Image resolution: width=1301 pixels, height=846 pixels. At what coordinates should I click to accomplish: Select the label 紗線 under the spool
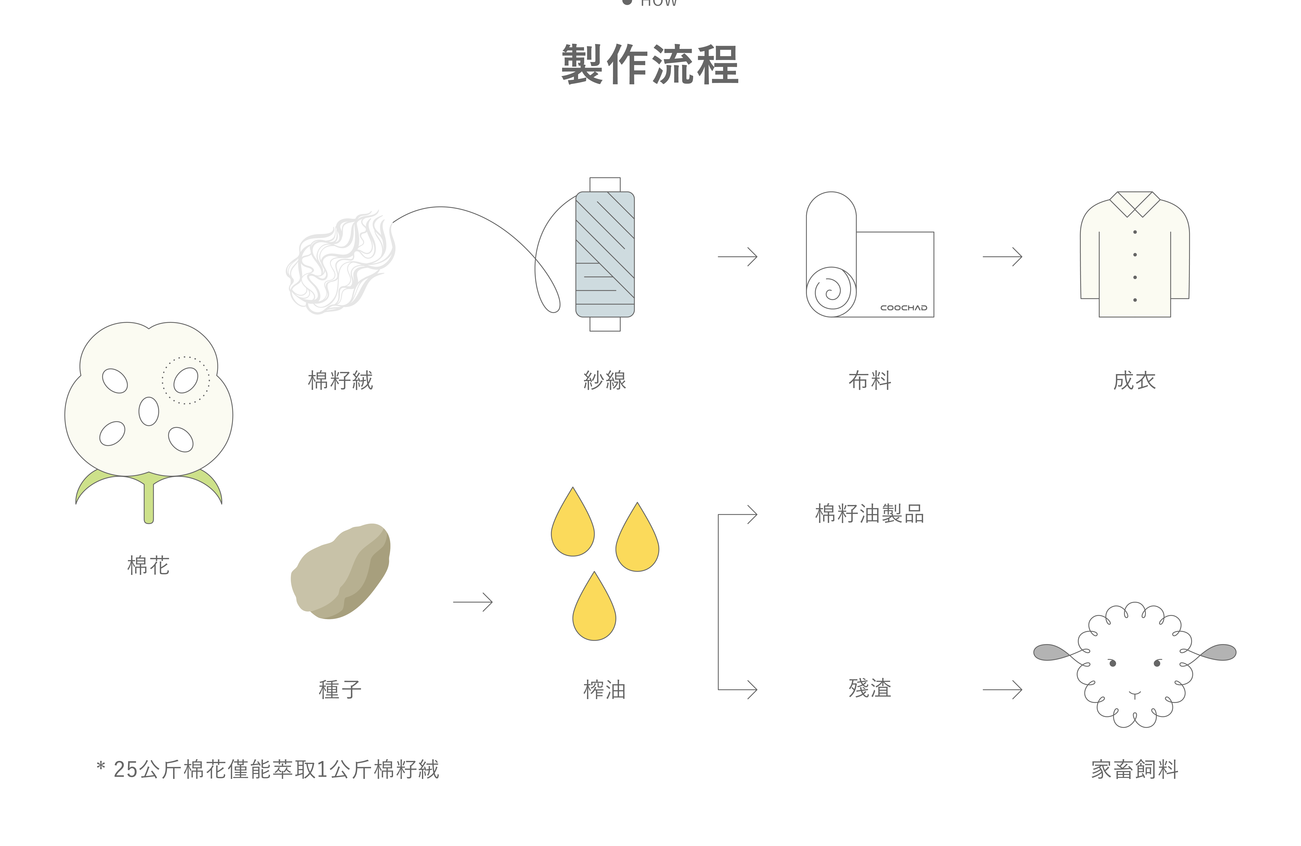tap(605, 380)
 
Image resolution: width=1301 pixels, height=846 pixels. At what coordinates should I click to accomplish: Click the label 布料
tap(870, 380)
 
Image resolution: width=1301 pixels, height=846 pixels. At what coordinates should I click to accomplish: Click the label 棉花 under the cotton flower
tap(148, 565)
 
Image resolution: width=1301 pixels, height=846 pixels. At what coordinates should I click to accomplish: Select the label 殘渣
tap(870, 688)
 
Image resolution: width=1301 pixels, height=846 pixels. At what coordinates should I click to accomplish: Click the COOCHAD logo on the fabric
tap(904, 308)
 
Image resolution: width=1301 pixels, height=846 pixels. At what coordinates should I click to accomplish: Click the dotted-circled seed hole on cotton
tap(186, 380)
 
